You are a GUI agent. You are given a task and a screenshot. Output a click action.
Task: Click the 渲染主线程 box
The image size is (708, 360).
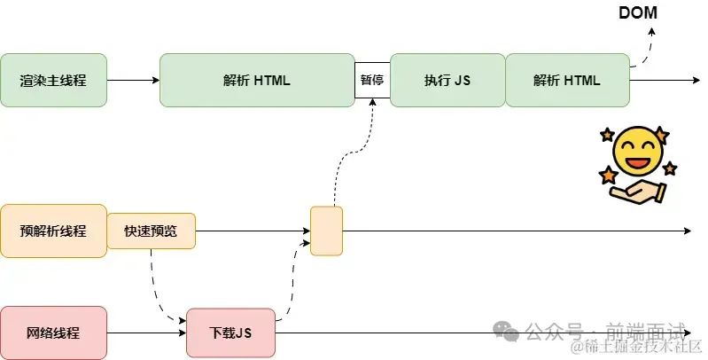coord(53,81)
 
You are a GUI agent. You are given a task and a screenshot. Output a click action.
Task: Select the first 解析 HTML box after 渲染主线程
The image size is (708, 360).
coord(257,81)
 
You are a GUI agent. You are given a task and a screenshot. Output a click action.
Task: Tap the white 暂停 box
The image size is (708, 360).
coord(372,80)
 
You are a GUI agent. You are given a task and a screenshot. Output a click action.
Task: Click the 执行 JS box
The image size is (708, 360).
coord(447,81)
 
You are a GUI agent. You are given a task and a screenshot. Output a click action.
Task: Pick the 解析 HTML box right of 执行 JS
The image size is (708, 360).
coord(567,81)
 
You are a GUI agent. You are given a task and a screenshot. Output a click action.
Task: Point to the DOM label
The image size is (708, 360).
coord(638,12)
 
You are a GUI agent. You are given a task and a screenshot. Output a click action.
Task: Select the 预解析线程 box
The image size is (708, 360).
coord(53,231)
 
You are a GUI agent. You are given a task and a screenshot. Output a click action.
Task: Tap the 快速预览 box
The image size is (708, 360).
coord(151,231)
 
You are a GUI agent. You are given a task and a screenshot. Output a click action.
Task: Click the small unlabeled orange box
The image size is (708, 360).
coord(326,231)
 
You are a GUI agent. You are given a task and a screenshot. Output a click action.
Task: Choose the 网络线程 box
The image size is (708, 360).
coord(53,333)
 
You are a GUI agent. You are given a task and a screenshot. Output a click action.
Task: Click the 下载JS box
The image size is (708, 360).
coord(230,333)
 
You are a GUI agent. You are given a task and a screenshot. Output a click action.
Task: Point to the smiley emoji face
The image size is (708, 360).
coord(638,153)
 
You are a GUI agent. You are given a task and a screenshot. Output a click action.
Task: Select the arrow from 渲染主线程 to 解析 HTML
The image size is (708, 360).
coord(133,81)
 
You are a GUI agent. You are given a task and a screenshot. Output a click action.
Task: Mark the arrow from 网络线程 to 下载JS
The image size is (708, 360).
coord(147,333)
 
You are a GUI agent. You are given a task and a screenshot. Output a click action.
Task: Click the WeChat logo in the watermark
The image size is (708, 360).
coord(506,331)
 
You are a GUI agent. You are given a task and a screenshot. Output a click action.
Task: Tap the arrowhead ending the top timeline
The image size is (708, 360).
coord(696,81)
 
